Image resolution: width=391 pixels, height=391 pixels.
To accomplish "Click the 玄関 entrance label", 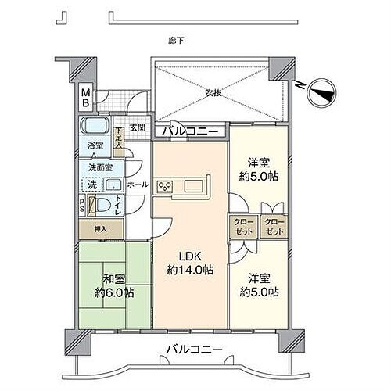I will pyautogui.click(x=137, y=128).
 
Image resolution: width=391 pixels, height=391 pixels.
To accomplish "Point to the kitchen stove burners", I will pyautogui.click(x=165, y=186).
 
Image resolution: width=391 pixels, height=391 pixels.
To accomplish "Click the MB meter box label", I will pyautogui.click(x=87, y=99).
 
